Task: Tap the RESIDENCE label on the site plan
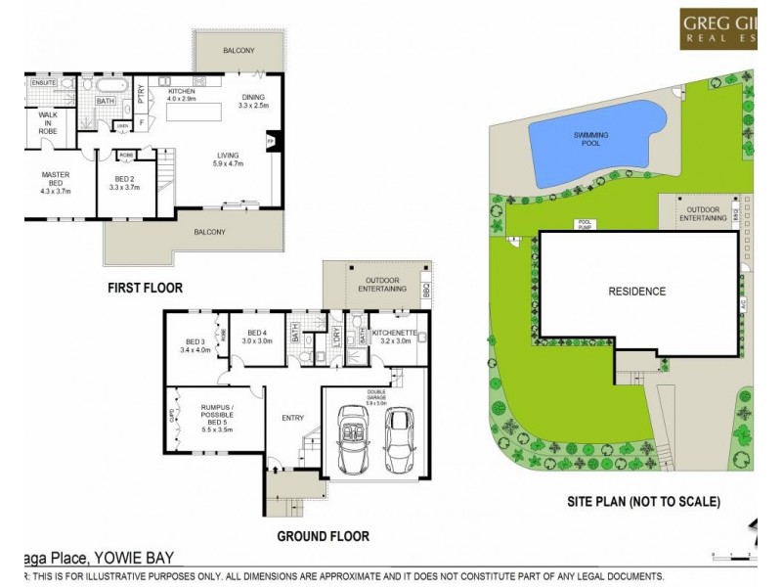[637, 291]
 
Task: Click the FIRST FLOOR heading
[145, 288]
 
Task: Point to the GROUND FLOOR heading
[323, 536]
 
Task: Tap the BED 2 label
[122, 181]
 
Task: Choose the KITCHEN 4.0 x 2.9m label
[182, 95]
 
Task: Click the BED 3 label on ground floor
[195, 344]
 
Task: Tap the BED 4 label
[258, 337]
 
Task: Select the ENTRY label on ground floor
[292, 418]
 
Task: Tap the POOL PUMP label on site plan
[586, 225]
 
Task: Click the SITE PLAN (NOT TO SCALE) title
[644, 502]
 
